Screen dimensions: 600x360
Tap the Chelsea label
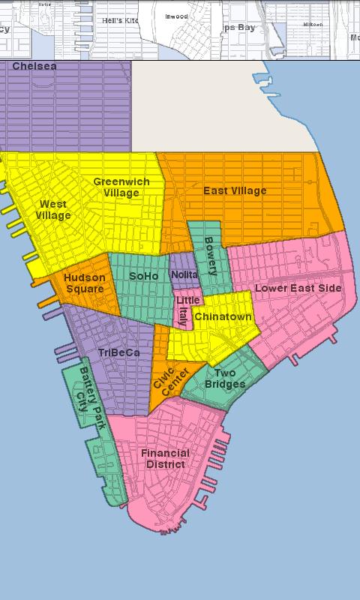[34, 67]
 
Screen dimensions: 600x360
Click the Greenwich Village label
[121, 187]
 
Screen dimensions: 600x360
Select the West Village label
[52, 209]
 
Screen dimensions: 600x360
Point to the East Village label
[235, 190]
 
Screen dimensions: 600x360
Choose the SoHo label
[144, 276]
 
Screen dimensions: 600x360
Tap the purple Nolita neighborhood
[184, 275]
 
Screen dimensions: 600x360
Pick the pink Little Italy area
[184, 309]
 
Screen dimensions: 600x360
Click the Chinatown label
[223, 316]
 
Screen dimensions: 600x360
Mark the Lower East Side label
[298, 288]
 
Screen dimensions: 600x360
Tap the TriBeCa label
[118, 352]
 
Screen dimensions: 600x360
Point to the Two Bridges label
[225, 379]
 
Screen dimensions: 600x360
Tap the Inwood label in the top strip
[177, 16]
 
